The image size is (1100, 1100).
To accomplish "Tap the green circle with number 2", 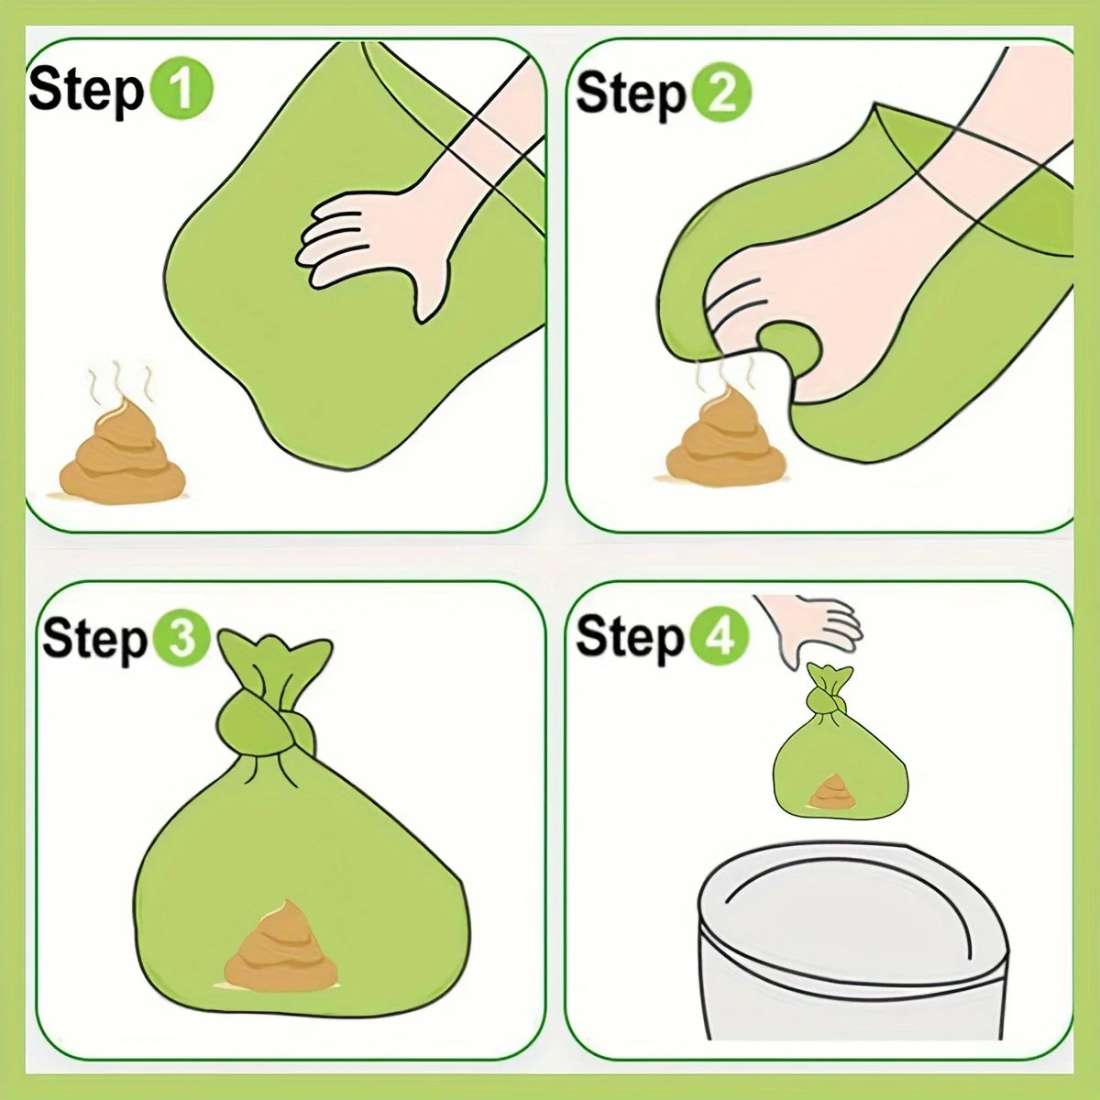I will click(720, 94).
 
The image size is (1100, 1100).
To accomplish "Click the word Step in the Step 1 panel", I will click(85, 92).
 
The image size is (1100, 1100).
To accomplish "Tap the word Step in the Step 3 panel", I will click(94, 639).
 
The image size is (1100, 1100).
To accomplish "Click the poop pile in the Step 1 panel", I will click(121, 456).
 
